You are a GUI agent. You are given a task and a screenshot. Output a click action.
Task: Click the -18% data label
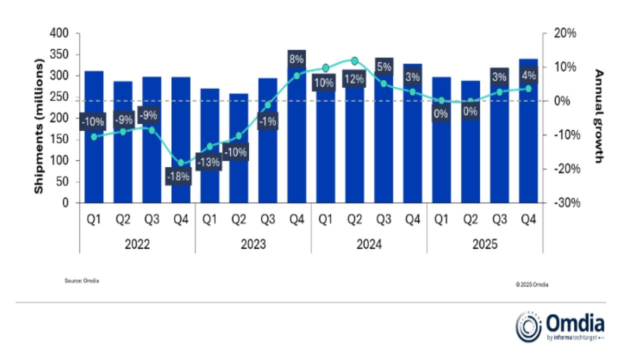pyautogui.click(x=178, y=176)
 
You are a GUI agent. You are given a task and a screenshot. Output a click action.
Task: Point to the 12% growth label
pyautogui.click(x=354, y=80)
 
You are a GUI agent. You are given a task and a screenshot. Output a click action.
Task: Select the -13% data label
pyautogui.click(x=208, y=163)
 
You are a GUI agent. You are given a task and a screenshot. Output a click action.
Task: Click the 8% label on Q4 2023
pyautogui.click(x=296, y=59)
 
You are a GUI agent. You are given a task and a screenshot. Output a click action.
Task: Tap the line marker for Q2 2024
pyautogui.click(x=354, y=61)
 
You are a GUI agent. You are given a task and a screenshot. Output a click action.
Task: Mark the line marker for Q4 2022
pyautogui.click(x=181, y=162)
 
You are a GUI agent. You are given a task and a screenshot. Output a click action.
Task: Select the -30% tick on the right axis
pyautogui.click(x=565, y=203)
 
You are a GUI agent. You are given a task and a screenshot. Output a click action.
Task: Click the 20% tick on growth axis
pyautogui.click(x=565, y=33)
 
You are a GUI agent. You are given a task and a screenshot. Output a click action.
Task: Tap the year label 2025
pyautogui.click(x=485, y=244)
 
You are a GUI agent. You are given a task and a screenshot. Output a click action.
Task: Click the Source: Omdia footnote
pyautogui.click(x=81, y=281)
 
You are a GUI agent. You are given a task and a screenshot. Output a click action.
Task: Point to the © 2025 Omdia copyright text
pyautogui.click(x=532, y=284)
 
